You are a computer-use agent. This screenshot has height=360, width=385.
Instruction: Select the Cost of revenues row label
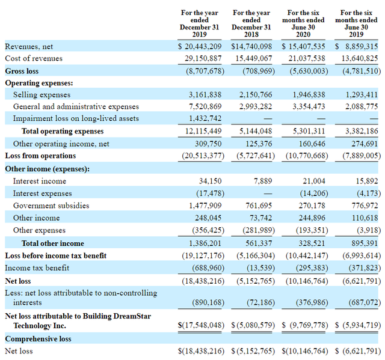pyautogui.click(x=34, y=58)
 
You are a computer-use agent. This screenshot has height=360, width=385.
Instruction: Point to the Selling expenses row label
pyautogui.click(x=42, y=94)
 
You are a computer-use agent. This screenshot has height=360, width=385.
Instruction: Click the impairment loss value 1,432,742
pyautogui.click(x=206, y=118)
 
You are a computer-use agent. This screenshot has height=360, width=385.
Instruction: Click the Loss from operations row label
pyautogui.click(x=40, y=156)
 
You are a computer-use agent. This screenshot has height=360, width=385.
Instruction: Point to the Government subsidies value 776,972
pyautogui.click(x=360, y=206)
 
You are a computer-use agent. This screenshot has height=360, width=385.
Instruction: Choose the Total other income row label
pyautogui.click(x=53, y=243)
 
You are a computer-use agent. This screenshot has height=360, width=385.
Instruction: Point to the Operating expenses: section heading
pyautogui.click(x=39, y=83)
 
